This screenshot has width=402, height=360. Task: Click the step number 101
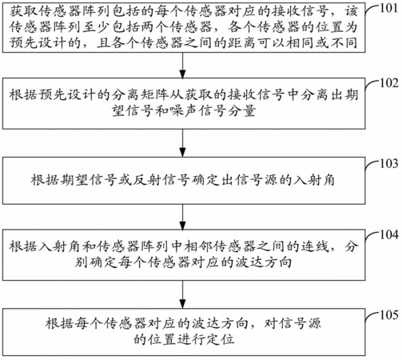(x=388, y=8)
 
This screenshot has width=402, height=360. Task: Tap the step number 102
(x=389, y=83)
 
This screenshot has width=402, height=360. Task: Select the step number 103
(x=389, y=163)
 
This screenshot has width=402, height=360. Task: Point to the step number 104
(x=389, y=234)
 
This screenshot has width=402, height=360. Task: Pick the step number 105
(x=389, y=315)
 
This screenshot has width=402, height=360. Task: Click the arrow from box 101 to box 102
(x=183, y=66)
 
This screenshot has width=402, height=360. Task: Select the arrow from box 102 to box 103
(x=183, y=143)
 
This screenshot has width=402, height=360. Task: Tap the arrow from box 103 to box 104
(x=183, y=218)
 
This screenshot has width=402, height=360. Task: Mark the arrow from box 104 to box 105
(x=183, y=294)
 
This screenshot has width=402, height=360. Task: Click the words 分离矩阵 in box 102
(x=141, y=95)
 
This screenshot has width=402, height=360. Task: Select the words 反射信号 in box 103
(x=162, y=180)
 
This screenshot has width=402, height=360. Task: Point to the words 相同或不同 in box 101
(x=322, y=42)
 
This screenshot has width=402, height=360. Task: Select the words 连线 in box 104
(x=315, y=246)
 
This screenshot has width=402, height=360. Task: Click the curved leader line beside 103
(x=370, y=165)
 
